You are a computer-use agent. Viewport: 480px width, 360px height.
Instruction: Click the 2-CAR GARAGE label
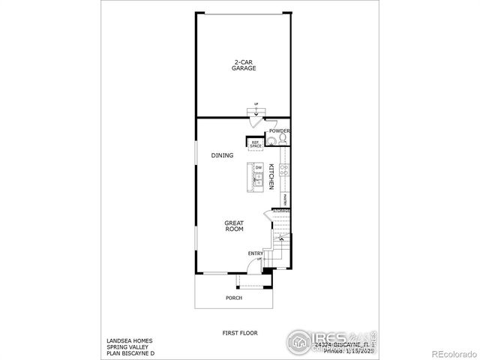tap(243, 65)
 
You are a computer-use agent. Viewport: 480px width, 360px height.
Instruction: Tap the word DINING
tap(222, 155)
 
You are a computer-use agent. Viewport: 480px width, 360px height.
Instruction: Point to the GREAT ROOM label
tap(235, 226)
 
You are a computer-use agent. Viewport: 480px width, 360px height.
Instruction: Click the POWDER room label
tap(280, 130)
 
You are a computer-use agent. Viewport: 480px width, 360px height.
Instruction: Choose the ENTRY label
tap(255, 253)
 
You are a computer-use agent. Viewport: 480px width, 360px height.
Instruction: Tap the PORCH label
tap(234, 298)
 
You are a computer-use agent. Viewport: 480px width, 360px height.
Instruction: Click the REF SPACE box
tap(256, 144)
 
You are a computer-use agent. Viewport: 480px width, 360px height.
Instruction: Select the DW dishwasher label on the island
tap(257, 168)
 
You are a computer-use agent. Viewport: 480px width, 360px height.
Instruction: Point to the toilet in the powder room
tap(282, 139)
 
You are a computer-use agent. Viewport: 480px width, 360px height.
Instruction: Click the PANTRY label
tap(286, 198)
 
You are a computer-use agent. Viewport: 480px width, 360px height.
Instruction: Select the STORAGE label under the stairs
tap(281, 211)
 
